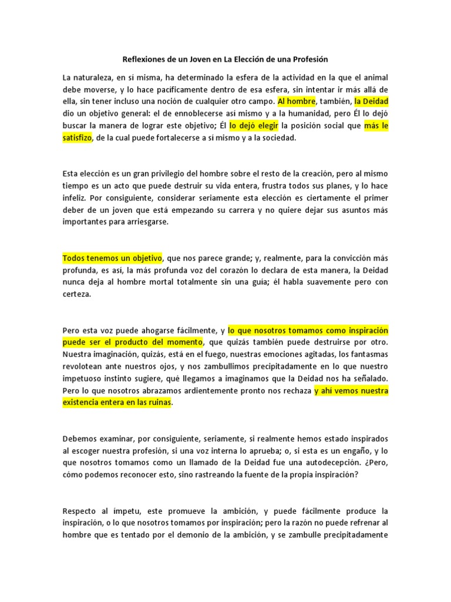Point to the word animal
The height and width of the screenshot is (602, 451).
pyautogui.click(x=374, y=78)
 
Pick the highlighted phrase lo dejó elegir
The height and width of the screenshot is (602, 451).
pyautogui.click(x=253, y=126)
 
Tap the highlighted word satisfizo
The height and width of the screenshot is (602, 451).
pyautogui.click(x=79, y=138)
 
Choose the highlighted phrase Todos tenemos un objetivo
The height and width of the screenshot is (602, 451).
pyautogui.click(x=112, y=258)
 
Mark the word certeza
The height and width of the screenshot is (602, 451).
pyautogui.click(x=77, y=295)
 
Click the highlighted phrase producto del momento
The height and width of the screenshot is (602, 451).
pyautogui.click(x=161, y=342)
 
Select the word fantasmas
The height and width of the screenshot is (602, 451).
pyautogui.click(x=370, y=354)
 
